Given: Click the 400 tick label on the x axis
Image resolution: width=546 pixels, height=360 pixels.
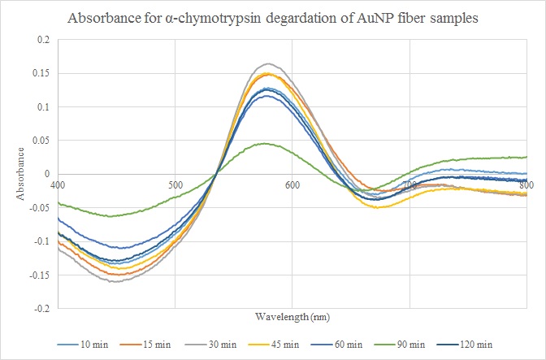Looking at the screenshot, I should (58, 184).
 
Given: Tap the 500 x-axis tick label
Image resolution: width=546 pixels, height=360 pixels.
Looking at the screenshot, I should (175, 184).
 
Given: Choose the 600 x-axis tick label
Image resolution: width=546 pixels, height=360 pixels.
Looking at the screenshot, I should (292, 184).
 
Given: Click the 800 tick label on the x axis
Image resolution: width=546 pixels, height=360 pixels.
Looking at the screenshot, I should (526, 184).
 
